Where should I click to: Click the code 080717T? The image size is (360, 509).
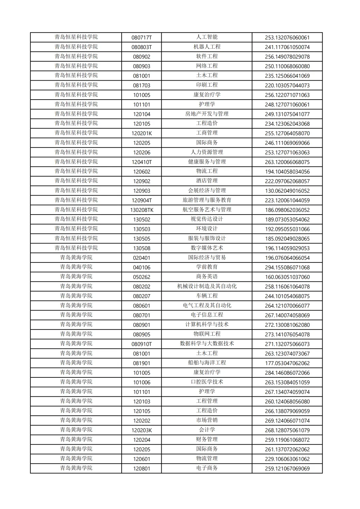coord(141,38)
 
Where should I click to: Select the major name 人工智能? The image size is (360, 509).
coord(207,37)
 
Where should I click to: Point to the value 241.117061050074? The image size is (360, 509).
coord(287,47)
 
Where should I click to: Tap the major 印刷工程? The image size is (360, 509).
coord(207,85)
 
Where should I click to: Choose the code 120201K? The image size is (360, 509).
coord(141,133)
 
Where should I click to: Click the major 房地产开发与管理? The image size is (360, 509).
coord(207,114)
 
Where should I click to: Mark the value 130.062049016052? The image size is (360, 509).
coord(287,191)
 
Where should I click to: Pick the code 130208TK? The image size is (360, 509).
coord(141,210)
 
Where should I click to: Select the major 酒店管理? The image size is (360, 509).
coord(207,181)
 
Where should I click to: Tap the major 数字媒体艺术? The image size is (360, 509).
coord(207,248)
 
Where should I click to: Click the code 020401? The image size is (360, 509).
coord(141,258)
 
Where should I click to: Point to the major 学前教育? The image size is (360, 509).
coord(207,267)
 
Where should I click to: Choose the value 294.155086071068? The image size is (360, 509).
coord(287,267)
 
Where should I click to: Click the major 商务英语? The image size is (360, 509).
coord(207,277)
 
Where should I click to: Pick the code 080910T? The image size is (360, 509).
coord(141,344)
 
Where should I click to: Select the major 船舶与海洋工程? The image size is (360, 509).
coord(207,363)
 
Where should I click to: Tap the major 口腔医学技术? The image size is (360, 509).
coord(207,382)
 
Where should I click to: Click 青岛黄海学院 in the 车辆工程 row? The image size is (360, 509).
coord(76,296)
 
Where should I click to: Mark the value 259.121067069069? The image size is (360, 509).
coord(287,469)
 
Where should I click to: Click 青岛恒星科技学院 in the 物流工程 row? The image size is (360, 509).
coord(76,171)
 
